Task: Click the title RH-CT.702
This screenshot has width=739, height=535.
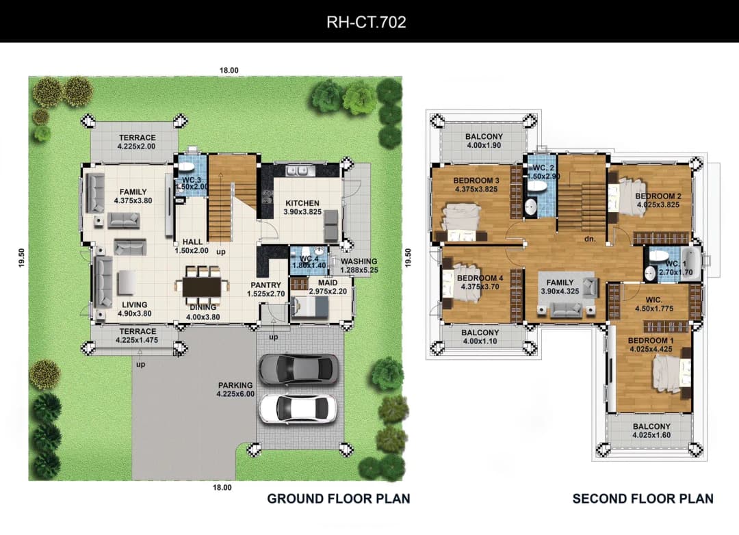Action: pos(366,22)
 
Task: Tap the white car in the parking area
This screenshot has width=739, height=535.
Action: pos(298,408)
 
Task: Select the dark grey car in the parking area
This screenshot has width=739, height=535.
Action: pos(298,368)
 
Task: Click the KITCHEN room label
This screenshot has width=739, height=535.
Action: pos(302,203)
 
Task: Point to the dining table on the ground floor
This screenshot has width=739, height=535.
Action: pos(202,287)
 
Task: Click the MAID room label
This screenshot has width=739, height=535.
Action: pos(328,283)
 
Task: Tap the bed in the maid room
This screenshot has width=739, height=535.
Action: pos(309,309)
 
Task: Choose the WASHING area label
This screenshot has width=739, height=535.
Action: pos(359,261)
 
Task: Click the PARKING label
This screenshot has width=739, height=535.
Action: pos(235,385)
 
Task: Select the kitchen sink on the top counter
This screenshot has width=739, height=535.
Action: pos(298,170)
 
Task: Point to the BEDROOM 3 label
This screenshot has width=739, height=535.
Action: pos(476,181)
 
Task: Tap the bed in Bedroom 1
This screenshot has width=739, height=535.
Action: pos(672,374)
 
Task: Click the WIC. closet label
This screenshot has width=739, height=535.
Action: pos(653,300)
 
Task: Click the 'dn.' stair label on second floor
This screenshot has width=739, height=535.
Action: pos(590,239)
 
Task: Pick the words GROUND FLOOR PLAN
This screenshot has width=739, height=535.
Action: pos(339,499)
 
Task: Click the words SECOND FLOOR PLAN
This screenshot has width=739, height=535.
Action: pos(643,499)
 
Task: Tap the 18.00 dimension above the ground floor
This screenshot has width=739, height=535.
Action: pos(229,70)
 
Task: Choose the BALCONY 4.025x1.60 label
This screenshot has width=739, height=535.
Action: pos(651,430)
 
